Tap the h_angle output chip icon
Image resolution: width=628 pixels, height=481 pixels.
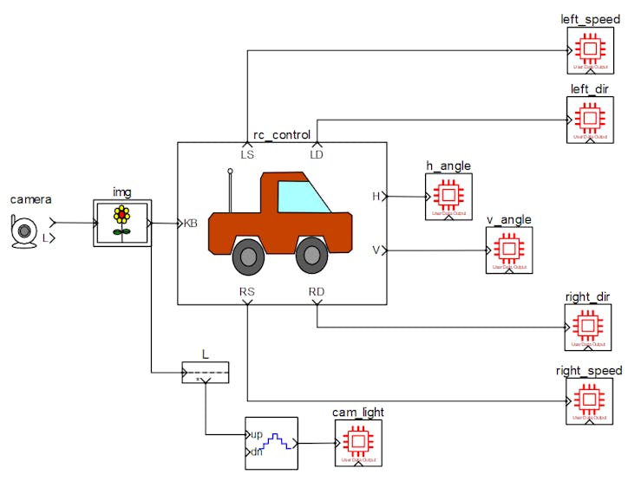click(x=448, y=196)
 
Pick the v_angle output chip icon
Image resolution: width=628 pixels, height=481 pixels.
click(x=508, y=250)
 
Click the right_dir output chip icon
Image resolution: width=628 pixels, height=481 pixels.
click(x=589, y=327)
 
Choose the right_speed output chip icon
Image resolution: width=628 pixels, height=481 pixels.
click(x=589, y=400)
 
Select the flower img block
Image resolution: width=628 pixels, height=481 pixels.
click(x=122, y=223)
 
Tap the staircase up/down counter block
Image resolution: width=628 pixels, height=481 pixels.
click(x=271, y=442)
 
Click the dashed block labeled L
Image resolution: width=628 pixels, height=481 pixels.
click(x=205, y=373)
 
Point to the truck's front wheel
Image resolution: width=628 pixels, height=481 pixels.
click(x=311, y=255)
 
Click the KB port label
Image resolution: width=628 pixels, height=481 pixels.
click(x=191, y=223)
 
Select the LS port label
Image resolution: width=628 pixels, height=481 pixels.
click(x=247, y=154)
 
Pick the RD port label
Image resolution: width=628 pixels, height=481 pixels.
click(x=317, y=291)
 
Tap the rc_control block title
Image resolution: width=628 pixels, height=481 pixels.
click(x=281, y=135)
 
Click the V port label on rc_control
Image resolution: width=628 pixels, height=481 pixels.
click(x=376, y=250)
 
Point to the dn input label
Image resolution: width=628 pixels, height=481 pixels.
click(x=256, y=452)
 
